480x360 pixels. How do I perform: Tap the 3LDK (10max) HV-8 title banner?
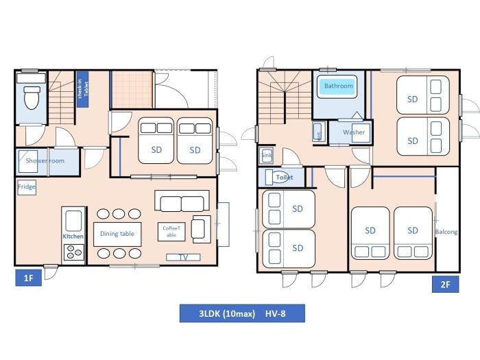point(242,313)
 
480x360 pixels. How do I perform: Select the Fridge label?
point(27,187)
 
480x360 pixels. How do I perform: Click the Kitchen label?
point(73,236)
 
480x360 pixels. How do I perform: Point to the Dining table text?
point(117,234)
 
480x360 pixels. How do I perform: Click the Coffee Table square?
point(169,232)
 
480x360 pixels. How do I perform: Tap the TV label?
point(184,257)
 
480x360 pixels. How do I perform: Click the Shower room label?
point(45,160)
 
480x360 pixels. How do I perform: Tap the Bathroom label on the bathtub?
point(339,86)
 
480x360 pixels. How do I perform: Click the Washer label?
point(354,132)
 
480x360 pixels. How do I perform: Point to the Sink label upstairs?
point(267,156)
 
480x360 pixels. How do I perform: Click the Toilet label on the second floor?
point(284,177)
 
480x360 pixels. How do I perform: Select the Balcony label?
point(446,232)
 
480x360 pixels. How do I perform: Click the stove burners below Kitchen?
point(73,252)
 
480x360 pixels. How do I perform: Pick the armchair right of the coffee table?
point(200,228)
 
